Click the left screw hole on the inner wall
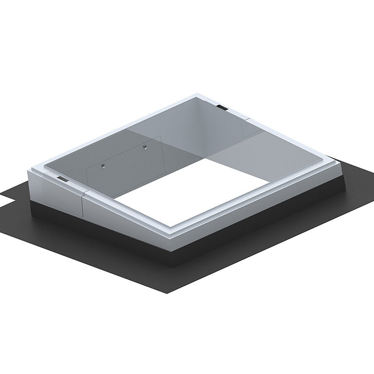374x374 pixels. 103,166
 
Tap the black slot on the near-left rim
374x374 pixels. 62,179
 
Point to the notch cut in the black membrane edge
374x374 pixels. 7,200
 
